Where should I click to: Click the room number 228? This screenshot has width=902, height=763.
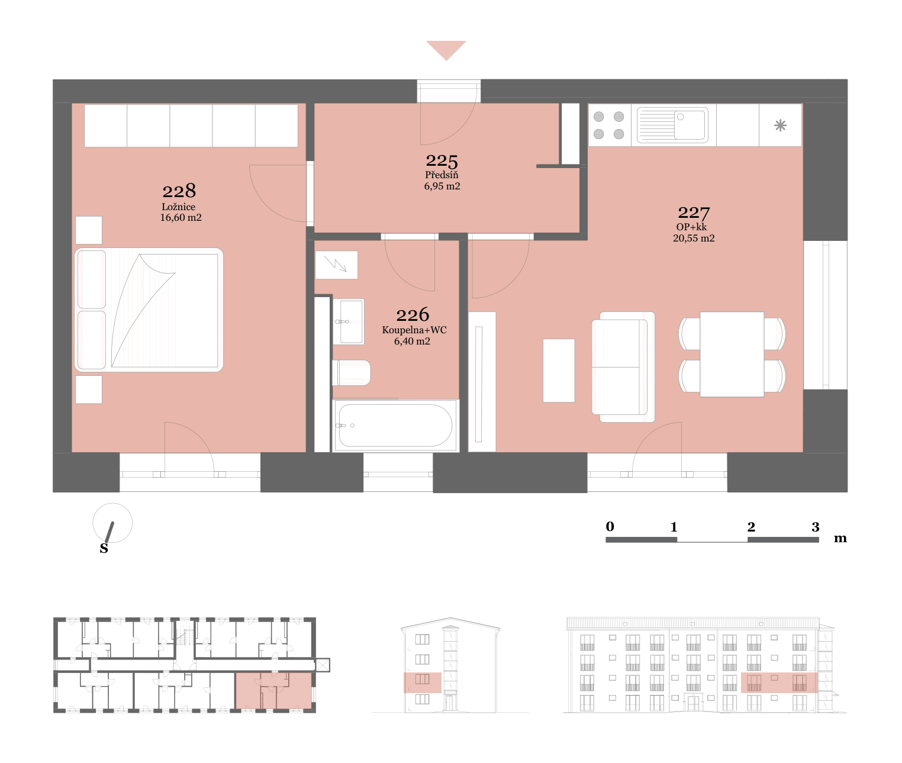179,191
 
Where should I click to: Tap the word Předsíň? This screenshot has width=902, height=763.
442,175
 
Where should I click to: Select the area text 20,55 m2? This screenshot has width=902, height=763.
694,238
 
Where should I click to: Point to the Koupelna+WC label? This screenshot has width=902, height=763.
414,330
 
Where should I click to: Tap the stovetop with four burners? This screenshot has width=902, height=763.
609,125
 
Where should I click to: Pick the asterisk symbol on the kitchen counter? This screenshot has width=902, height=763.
780,125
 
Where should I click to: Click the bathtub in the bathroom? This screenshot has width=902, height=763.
395,425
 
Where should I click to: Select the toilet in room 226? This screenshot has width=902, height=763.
352,372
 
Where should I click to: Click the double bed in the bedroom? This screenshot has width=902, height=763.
149,310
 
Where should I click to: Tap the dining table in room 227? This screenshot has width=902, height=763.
732,354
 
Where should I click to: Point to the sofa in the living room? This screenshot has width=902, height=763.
623,366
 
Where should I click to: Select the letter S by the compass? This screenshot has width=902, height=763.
104,548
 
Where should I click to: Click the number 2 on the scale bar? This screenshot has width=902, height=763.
751,527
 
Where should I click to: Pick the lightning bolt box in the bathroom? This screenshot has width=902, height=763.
336,265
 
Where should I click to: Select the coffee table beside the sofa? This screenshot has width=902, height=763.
559,370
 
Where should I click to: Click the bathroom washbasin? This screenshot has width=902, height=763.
348,321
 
